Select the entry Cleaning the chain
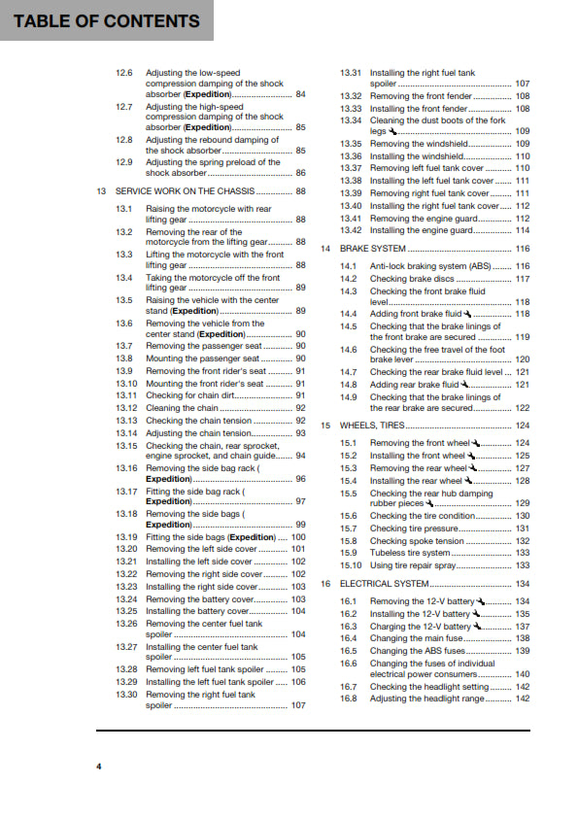coord(182,408)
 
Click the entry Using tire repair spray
coord(418,565)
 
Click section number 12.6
coord(124,73)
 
